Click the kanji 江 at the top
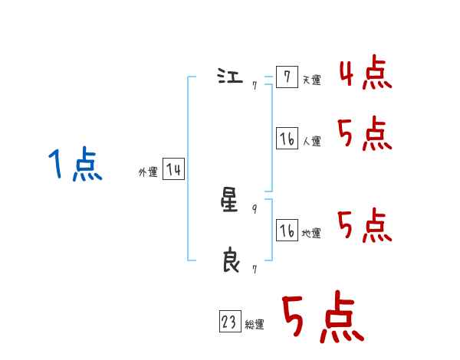click(x=230, y=77)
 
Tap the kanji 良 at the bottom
click(x=230, y=261)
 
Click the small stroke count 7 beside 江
click(x=255, y=85)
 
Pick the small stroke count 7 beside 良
click(x=255, y=270)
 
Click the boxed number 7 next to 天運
click(x=287, y=77)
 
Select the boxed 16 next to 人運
click(x=287, y=139)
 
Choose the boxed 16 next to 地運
click(x=287, y=231)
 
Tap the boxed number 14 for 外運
click(x=173, y=169)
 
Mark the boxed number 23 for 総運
click(x=229, y=322)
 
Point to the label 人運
click(x=312, y=142)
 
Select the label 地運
click(x=312, y=234)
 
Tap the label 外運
click(x=148, y=173)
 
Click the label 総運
click(x=255, y=326)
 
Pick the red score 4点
click(x=365, y=73)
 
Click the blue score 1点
click(x=75, y=165)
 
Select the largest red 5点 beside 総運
click(x=322, y=318)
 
